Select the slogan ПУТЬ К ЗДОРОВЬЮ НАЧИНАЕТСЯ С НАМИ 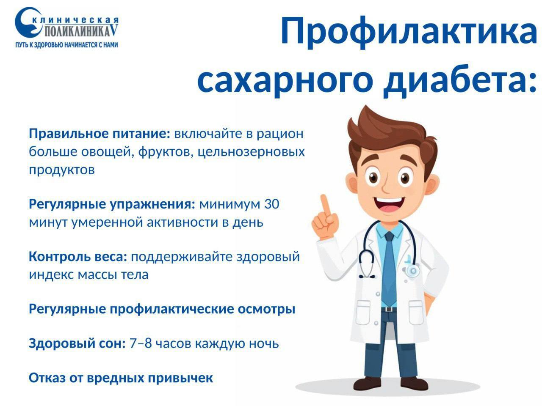tap(66, 45)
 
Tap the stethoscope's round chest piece tap(412, 271)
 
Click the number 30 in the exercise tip tap(271, 204)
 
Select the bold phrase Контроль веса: tap(78, 257)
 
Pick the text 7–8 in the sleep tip tap(141, 343)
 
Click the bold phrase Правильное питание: tap(100, 134)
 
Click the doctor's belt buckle tap(389, 310)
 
